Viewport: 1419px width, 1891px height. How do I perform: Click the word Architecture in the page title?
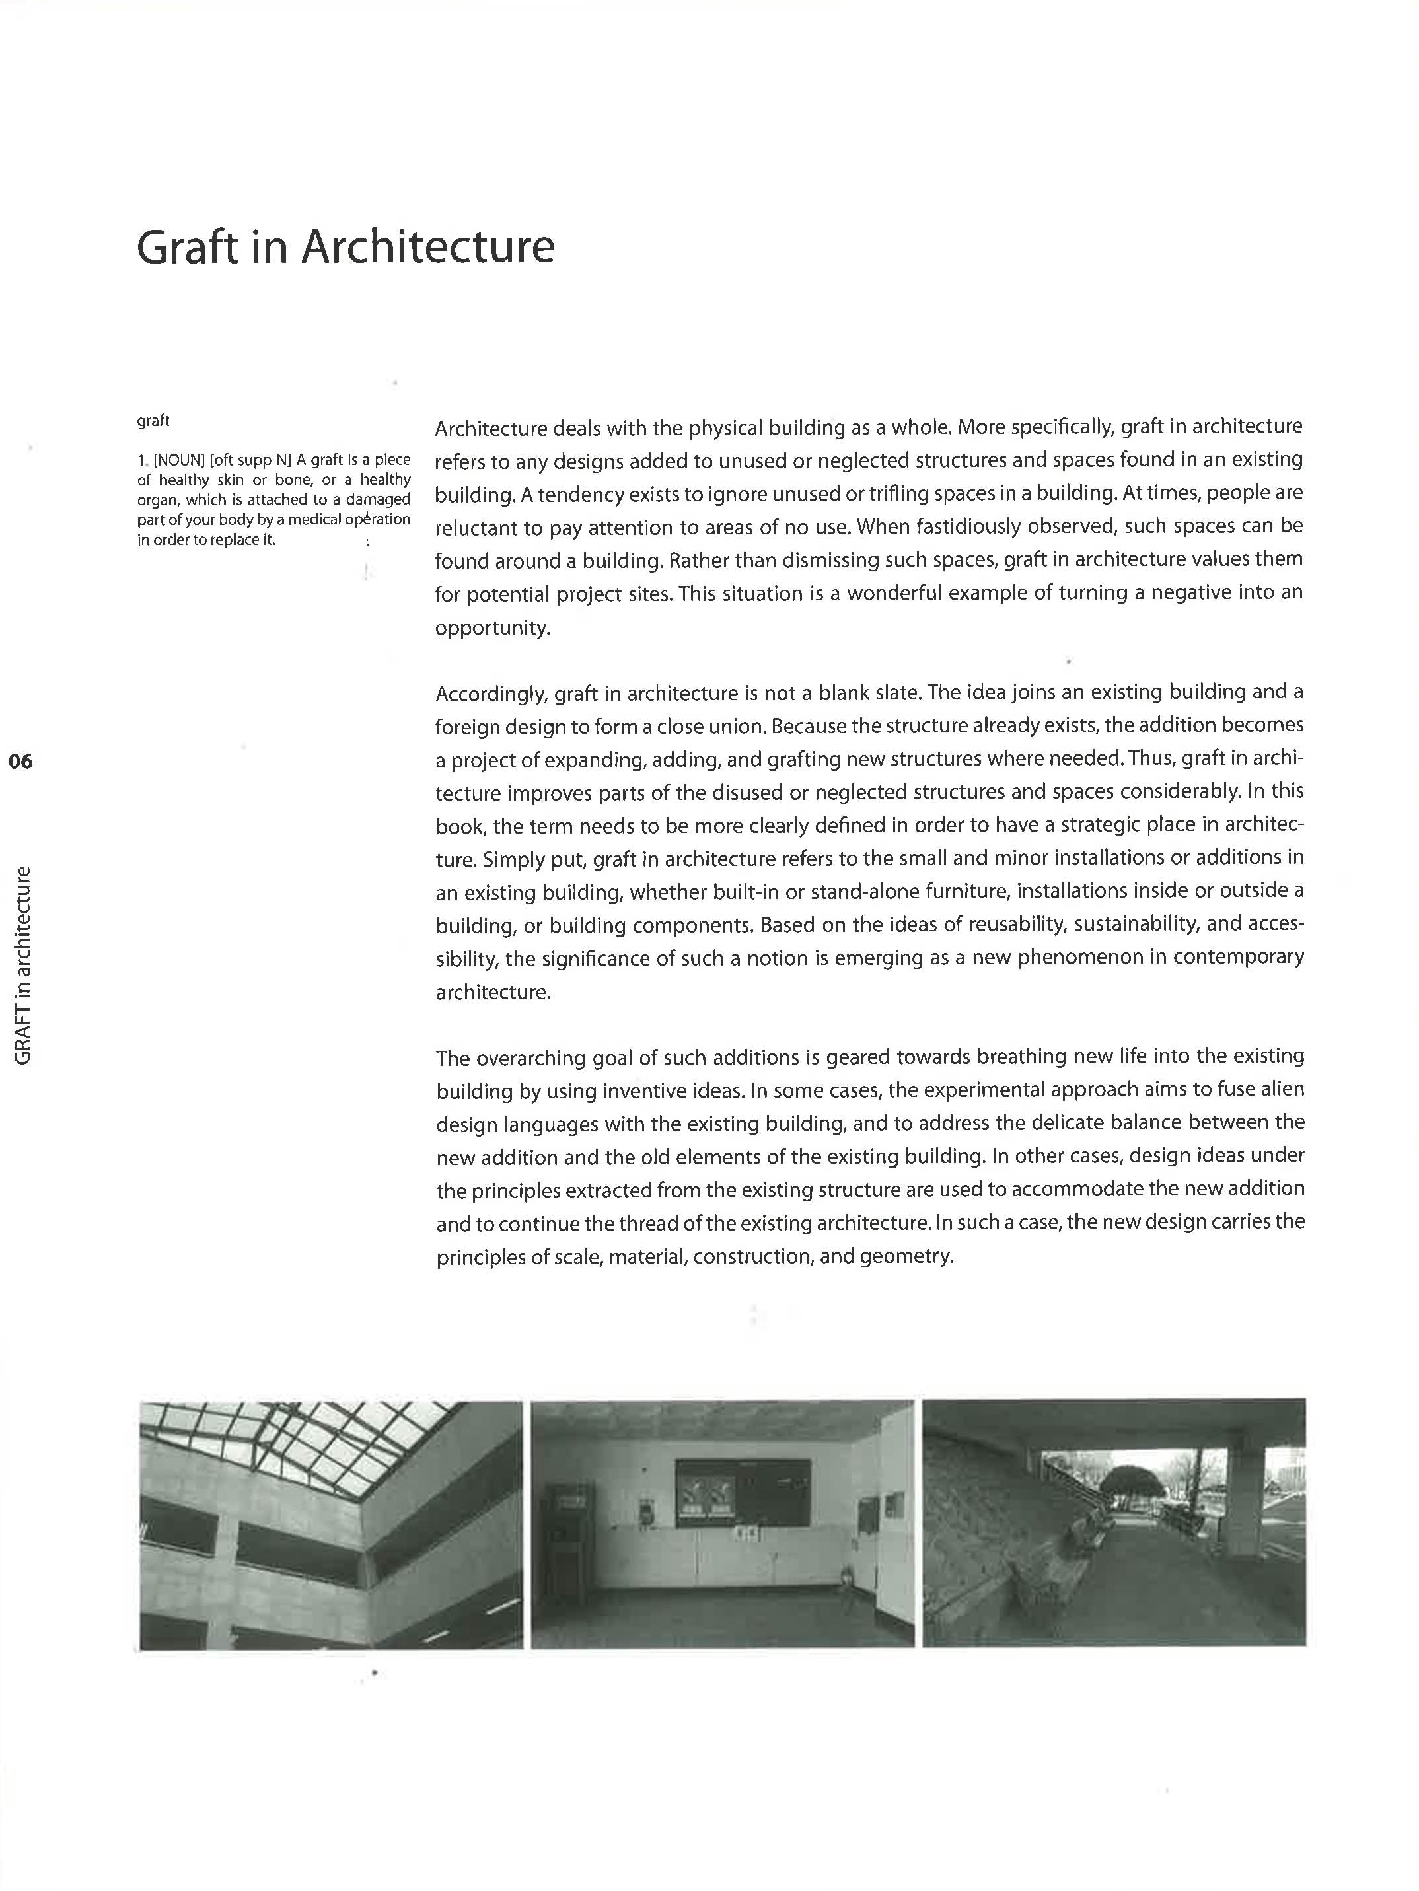pos(427,248)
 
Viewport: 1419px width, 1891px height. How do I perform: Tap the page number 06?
pos(20,761)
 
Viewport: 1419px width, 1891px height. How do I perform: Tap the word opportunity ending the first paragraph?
pos(491,628)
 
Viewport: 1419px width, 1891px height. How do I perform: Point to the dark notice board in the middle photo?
pos(742,1493)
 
